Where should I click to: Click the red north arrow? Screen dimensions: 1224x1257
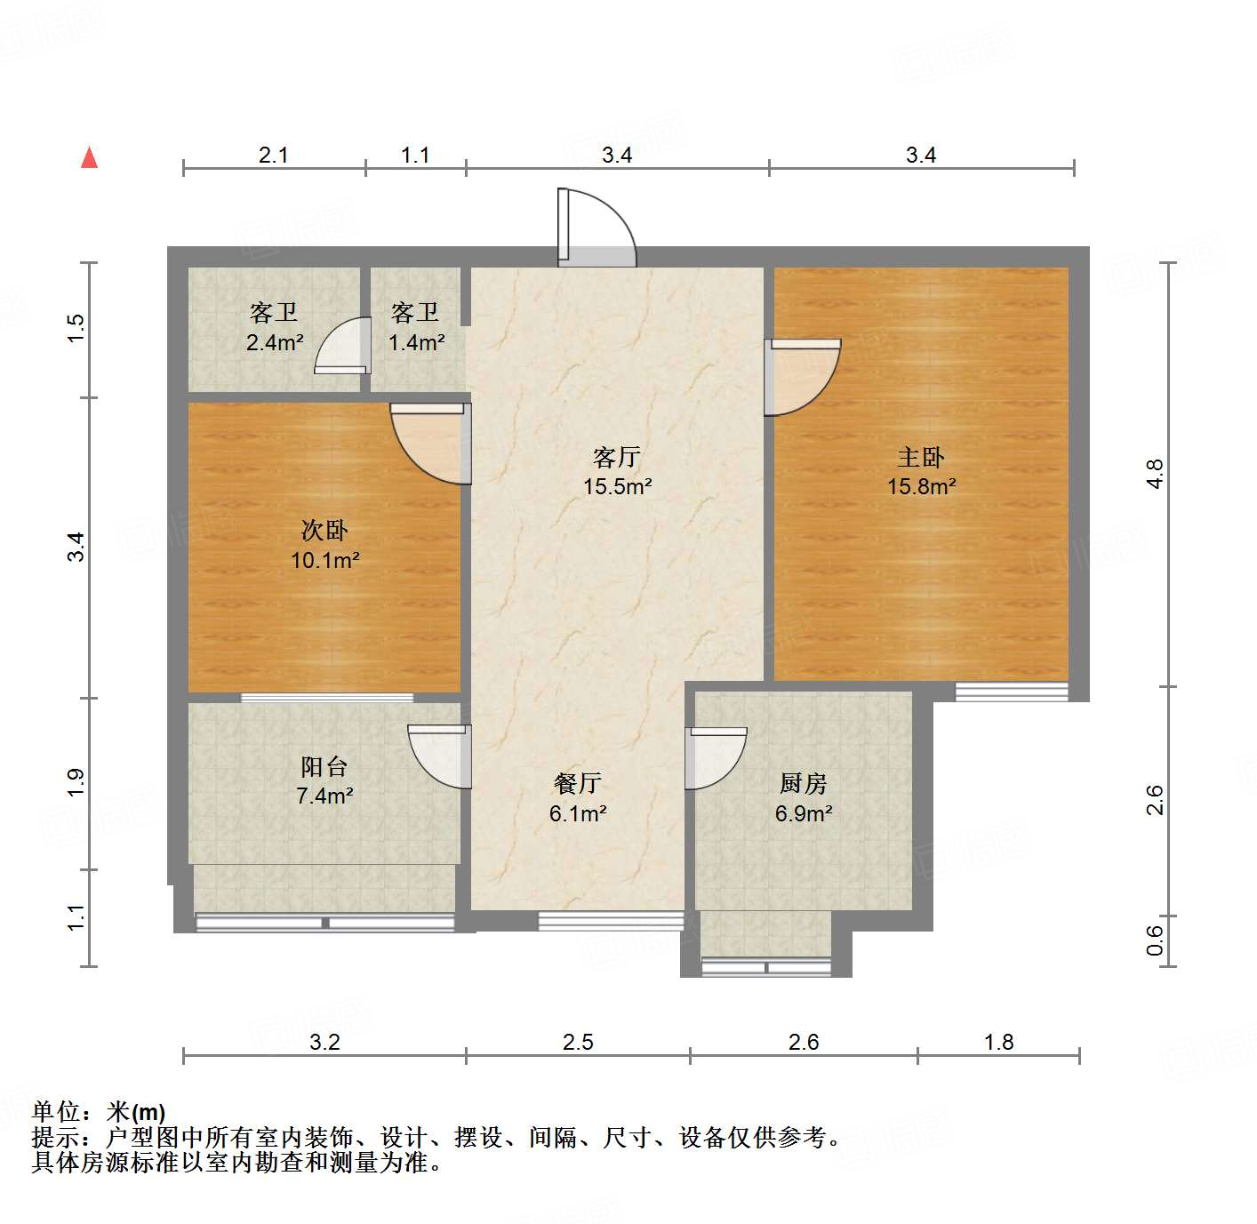89,157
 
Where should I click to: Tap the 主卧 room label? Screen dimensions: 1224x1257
920,457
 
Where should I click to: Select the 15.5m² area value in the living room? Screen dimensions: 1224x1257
617,486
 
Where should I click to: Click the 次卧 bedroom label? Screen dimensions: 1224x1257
324,531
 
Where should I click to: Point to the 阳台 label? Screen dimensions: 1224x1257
324,766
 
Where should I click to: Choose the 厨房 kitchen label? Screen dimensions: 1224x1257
803,783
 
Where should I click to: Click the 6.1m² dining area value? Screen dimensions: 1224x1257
578,813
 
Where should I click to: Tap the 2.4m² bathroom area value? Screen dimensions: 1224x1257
275,342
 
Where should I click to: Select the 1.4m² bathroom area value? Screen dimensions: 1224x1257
416,342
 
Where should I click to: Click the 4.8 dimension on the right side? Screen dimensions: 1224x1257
1154,474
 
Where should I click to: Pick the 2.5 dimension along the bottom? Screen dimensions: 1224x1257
578,1042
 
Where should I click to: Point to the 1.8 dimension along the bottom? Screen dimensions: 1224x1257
998,1042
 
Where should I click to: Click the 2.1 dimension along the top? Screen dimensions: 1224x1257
274,155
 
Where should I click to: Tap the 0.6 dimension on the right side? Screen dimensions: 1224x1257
1154,940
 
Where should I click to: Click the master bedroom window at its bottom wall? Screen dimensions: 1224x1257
1012,692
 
